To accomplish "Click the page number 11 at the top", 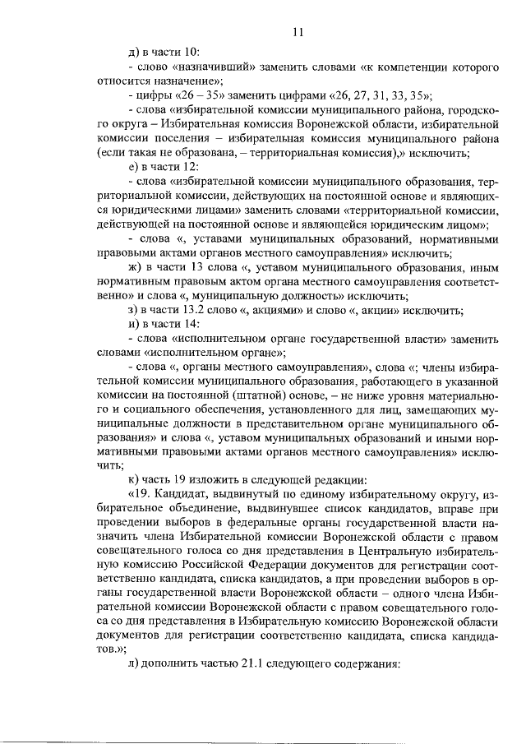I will coord(298,32).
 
